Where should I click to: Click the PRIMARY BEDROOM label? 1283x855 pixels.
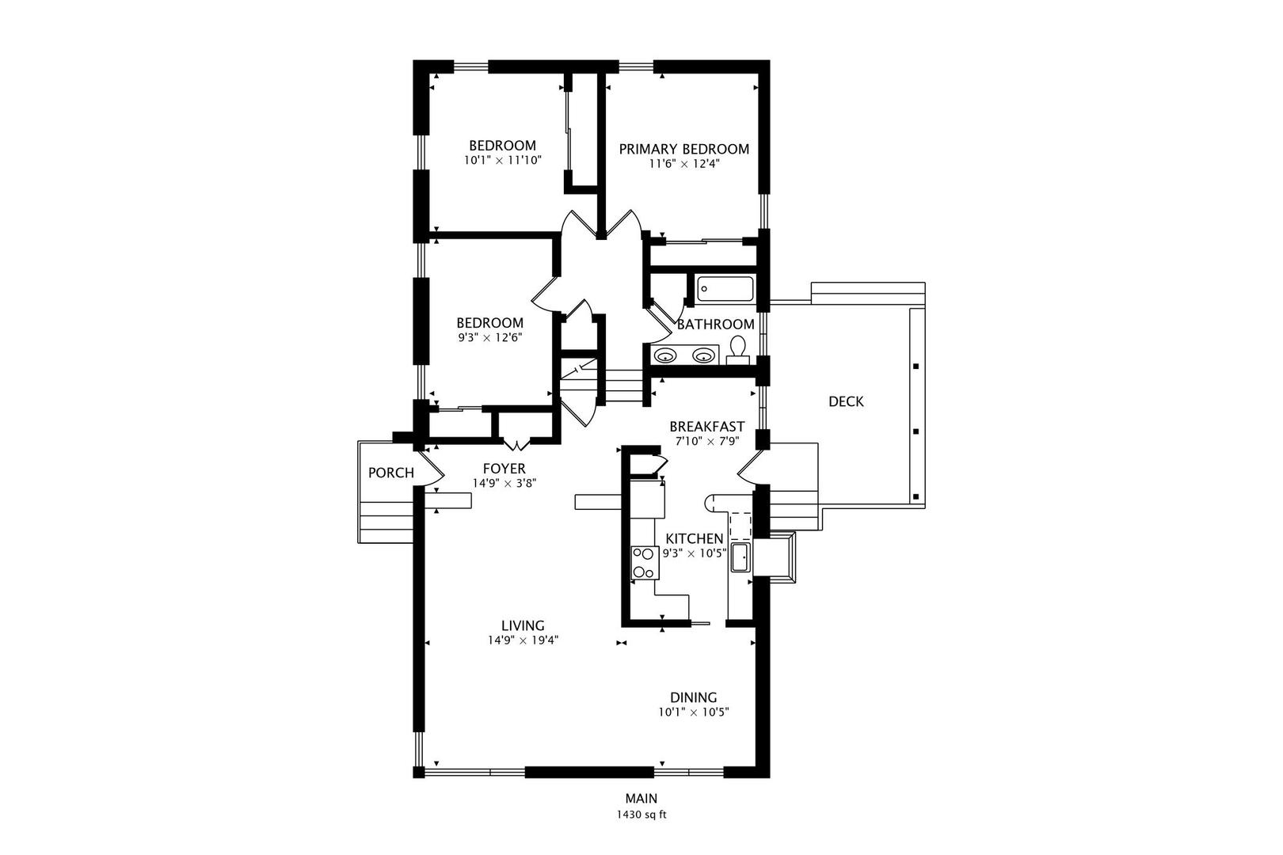coord(684,149)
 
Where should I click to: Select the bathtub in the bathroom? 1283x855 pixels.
coord(725,289)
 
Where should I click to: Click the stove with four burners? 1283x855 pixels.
coord(645,563)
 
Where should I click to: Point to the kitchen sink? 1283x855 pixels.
coord(740,557)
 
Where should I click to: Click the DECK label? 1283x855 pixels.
coord(846,401)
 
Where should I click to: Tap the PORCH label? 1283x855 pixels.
coord(390,473)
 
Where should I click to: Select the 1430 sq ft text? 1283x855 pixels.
coord(641,815)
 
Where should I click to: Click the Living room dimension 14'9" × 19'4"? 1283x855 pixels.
coord(523,640)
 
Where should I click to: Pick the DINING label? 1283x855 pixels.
coord(693,697)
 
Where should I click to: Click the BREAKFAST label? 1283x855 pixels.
coord(706,427)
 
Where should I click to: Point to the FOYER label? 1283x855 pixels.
coord(504,469)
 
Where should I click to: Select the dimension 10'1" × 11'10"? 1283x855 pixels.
coord(502,161)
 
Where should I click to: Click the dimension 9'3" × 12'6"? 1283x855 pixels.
coord(489,338)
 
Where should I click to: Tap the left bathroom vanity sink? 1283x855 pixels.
coord(665,356)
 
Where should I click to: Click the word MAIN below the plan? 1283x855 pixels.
coord(641,798)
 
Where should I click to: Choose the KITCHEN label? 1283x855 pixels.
coord(695,538)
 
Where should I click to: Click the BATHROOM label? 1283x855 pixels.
coord(716,324)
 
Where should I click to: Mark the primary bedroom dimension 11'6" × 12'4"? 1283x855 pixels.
coord(684,164)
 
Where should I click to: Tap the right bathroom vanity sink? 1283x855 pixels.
coord(703,356)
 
